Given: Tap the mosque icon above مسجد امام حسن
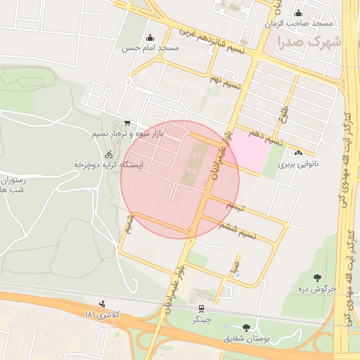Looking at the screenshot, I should click(149, 38).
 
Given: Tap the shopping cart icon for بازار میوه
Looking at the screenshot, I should click(126, 122).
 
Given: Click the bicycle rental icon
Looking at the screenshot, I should click(108, 154).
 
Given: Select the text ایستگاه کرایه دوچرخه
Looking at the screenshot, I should click(109, 165).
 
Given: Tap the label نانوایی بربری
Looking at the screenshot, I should click(295, 165).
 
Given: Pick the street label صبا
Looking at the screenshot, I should click(235, 267).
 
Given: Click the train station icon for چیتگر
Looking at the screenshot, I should click(202, 308).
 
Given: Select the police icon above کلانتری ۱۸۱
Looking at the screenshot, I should click(103, 304).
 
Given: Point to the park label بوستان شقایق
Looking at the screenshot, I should click(246, 338).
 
